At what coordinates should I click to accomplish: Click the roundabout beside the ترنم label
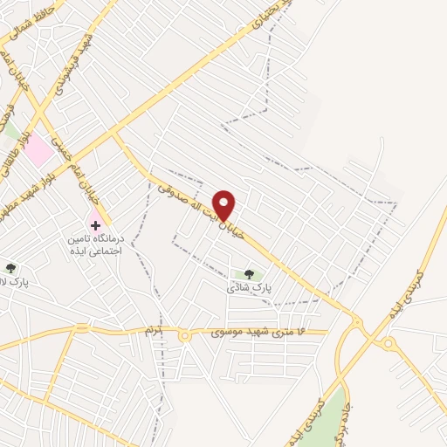point(185,335)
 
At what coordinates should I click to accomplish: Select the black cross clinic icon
point(95,225)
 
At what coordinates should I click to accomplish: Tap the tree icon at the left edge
point(10,268)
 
